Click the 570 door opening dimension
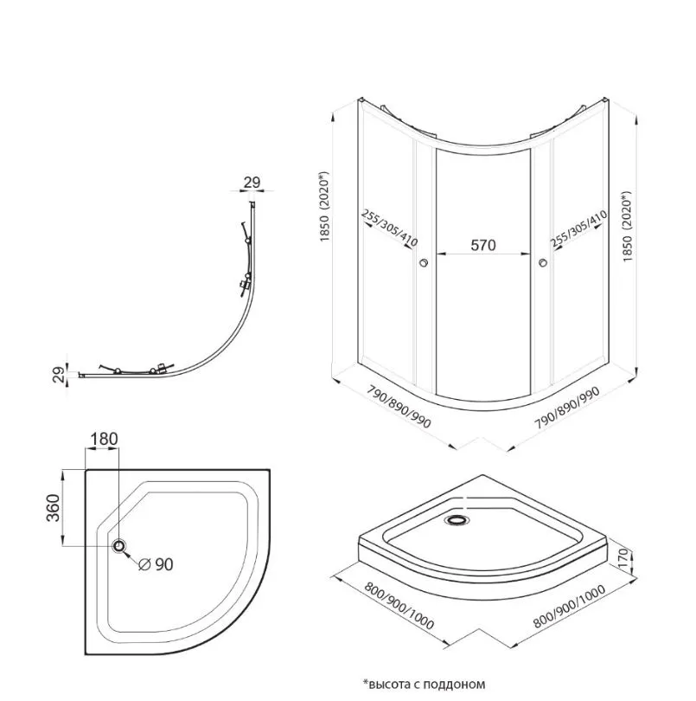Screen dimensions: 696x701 483,245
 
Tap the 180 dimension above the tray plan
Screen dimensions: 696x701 104,439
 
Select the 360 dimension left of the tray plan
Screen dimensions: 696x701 53,507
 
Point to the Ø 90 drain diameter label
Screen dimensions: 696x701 156,564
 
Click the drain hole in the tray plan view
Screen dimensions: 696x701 119,545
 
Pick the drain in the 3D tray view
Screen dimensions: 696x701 457,520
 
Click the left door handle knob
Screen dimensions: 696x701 423,262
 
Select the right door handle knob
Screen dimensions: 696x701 543,262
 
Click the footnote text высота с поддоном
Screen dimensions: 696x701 425,684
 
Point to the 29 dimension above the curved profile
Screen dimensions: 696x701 252,183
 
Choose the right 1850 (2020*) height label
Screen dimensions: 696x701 627,226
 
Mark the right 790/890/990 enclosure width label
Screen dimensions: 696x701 567,407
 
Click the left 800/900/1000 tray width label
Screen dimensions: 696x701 399,605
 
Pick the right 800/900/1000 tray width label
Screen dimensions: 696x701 569,606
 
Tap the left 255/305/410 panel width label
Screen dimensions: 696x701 389,228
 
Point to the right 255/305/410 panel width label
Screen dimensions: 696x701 578,228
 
